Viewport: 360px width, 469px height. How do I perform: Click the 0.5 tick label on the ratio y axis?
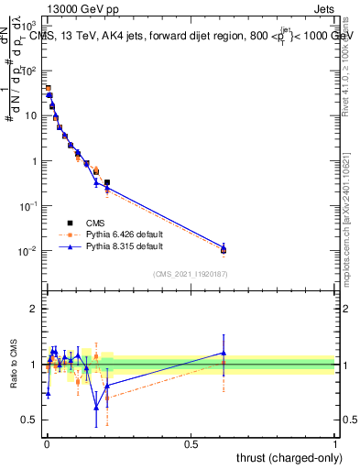point(29,420)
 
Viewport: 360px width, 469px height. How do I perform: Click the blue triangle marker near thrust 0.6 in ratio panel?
point(223,353)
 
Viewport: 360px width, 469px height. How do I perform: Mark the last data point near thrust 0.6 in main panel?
point(223,249)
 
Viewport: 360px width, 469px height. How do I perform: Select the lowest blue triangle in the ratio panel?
point(96,408)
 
